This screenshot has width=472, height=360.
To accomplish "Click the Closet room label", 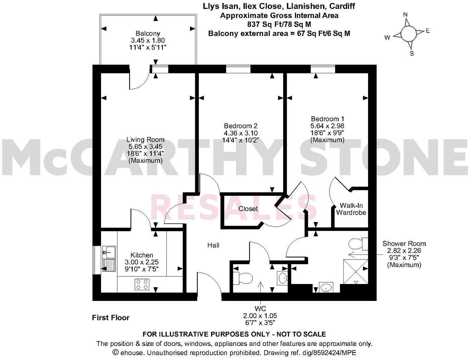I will (248, 208).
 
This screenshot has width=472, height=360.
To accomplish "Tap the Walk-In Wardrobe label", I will (351, 209).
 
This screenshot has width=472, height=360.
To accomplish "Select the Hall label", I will (213, 245).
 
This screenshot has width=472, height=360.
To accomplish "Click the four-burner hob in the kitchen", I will (142, 284).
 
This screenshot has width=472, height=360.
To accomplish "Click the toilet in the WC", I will (243, 278).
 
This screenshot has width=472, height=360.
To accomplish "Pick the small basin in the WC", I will (282, 278).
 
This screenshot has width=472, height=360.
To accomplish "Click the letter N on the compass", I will (405, 14).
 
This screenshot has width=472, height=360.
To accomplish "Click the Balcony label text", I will (148, 33).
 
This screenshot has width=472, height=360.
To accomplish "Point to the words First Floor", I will (111, 318).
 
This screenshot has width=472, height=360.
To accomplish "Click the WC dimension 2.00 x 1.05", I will (260, 316).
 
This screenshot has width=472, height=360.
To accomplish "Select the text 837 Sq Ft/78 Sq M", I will (279, 24).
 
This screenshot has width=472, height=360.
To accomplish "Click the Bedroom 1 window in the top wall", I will (322, 69).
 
